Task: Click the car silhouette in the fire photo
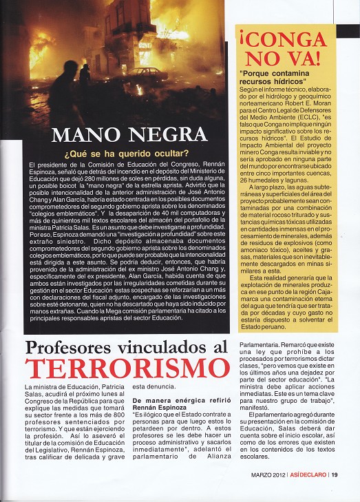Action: (145, 73)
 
